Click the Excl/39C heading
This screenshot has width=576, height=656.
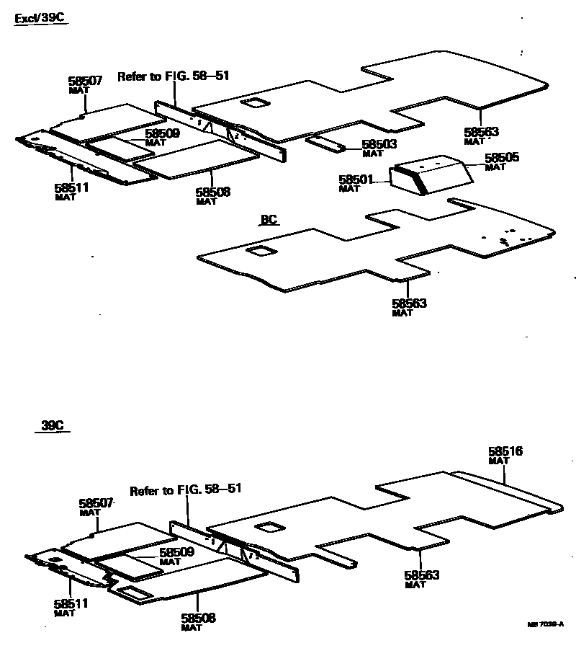41,19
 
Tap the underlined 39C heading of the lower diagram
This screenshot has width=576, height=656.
52,426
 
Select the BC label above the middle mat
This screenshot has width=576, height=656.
269,220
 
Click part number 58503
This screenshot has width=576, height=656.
379,145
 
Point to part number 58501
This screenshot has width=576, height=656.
356,179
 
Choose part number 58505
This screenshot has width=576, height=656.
502,158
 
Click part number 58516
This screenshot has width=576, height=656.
505,452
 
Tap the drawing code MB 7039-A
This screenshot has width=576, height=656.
546,625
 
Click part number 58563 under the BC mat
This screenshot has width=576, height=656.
409,303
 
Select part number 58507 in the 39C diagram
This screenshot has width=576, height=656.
96,503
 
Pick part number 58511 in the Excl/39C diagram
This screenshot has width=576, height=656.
71,187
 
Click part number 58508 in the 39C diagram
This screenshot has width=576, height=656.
198,618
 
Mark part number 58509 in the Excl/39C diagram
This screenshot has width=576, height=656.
162,133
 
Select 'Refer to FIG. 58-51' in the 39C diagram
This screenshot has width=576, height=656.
185,490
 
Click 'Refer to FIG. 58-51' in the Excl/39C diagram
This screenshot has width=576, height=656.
173,76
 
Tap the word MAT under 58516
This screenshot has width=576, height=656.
499,461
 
